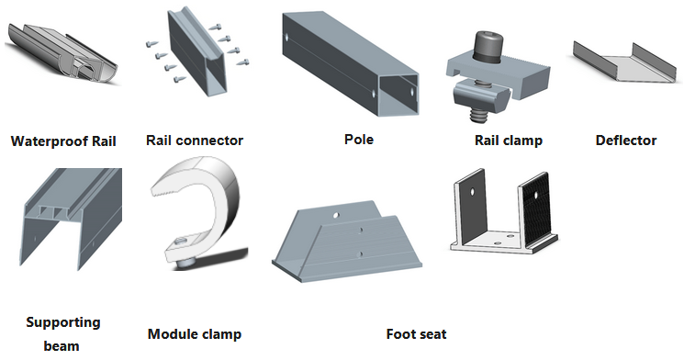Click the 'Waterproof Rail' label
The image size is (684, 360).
[x=63, y=141]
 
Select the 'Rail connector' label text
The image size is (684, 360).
[x=195, y=141]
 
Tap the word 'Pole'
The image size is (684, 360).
[x=359, y=140]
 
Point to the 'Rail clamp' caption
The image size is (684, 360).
[x=509, y=141]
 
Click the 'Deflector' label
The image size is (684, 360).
[x=626, y=141]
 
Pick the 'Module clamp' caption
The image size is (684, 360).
[x=195, y=334]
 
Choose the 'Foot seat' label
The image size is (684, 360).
[x=416, y=334]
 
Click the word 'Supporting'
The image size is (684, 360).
[x=63, y=323]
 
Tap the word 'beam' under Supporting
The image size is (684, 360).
[x=62, y=346]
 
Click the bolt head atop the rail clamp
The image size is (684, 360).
[x=488, y=45]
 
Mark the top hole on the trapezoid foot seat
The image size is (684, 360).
[x=335, y=215]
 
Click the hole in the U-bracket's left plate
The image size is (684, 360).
[x=472, y=192]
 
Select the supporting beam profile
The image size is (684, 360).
[x=70, y=219]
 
